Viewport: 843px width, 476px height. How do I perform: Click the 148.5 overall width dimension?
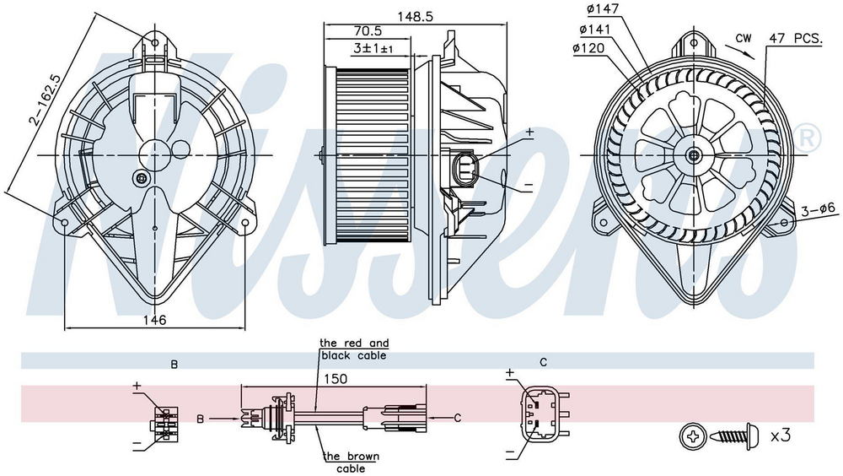click(415, 16)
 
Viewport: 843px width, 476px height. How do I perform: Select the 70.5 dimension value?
click(368, 31)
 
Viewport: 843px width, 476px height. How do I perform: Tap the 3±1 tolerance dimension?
click(373, 48)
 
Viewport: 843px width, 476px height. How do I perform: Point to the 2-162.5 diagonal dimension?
click(46, 100)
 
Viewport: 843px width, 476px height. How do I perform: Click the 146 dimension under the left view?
click(153, 320)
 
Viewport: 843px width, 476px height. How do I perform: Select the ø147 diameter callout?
click(604, 8)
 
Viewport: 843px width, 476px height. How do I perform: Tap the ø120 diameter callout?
click(588, 48)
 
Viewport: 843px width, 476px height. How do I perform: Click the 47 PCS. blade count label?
click(796, 38)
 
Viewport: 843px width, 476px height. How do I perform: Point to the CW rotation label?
click(744, 38)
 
